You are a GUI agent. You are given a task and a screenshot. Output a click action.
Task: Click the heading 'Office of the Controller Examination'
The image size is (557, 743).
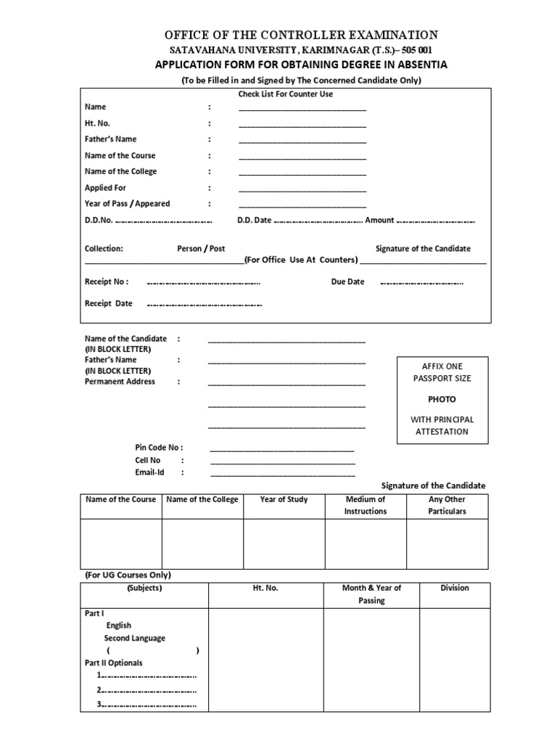[x=301, y=35]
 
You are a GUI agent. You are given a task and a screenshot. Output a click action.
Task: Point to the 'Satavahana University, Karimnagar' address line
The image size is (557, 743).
[x=301, y=50]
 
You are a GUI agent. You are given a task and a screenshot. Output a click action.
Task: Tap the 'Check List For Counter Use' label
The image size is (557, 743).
[x=286, y=94]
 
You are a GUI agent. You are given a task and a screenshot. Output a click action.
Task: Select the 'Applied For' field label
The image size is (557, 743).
[x=105, y=188]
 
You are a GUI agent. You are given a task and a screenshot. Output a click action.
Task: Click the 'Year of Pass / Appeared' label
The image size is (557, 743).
[x=127, y=204]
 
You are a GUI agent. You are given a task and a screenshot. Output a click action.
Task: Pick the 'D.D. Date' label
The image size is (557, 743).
[x=254, y=221]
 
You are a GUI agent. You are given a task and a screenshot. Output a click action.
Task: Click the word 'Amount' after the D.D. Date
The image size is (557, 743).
[x=379, y=221]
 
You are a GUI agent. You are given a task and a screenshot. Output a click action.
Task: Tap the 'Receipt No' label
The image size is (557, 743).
[x=107, y=282]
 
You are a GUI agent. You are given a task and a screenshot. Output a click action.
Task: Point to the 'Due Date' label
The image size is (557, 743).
[x=347, y=282]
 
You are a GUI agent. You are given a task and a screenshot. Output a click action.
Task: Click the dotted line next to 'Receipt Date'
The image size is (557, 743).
[x=204, y=305]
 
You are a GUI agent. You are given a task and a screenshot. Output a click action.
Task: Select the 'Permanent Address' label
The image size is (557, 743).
[x=120, y=382]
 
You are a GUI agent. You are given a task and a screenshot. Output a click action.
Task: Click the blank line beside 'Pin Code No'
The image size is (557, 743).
[x=282, y=450]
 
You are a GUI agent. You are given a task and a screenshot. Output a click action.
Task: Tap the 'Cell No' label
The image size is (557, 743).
[x=147, y=460]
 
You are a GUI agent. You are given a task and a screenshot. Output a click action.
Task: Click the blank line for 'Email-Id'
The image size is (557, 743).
[x=282, y=475]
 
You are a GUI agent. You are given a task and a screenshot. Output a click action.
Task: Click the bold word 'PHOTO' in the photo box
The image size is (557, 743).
[x=442, y=400]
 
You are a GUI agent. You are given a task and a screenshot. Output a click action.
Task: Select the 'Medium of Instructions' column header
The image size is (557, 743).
[x=366, y=505]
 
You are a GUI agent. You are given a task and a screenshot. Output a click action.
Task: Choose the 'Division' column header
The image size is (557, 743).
[x=455, y=588]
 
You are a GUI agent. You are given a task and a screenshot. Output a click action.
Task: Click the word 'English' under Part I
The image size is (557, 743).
[x=119, y=625]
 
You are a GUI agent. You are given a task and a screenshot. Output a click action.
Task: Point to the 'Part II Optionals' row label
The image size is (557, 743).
[x=114, y=663]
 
